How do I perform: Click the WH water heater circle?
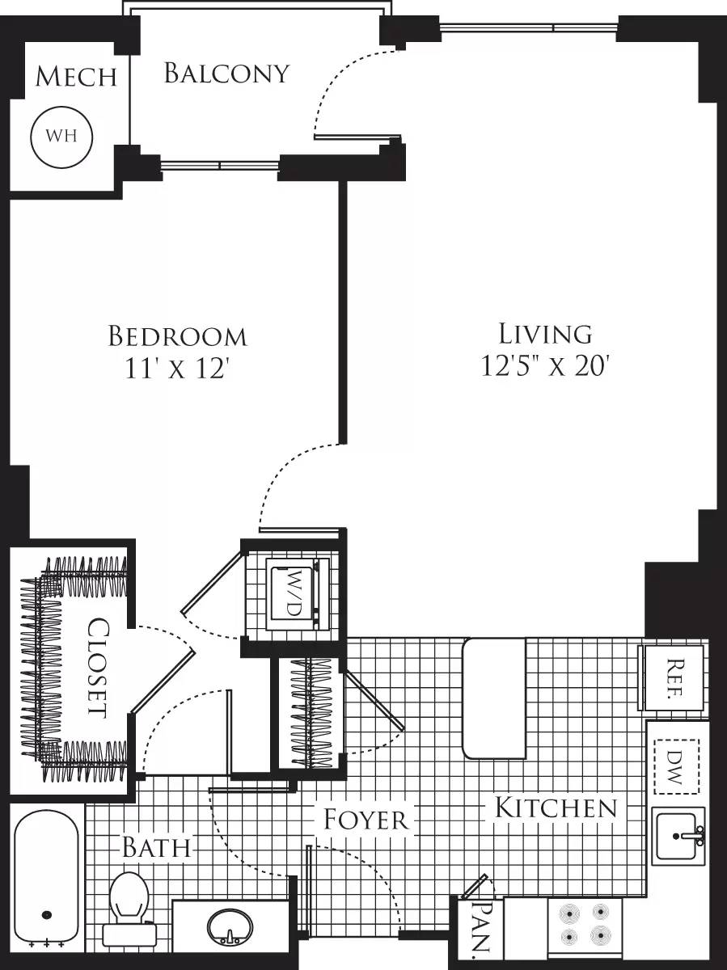point(61,136)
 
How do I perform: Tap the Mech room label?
point(76,77)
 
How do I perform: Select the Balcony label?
point(226,74)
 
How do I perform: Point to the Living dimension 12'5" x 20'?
point(544,366)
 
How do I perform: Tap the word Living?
point(545,333)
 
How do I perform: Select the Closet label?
point(98,668)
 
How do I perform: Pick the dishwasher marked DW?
point(676,765)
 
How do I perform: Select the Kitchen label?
point(556,807)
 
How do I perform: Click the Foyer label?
point(366,819)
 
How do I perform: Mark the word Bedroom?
point(177,335)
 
